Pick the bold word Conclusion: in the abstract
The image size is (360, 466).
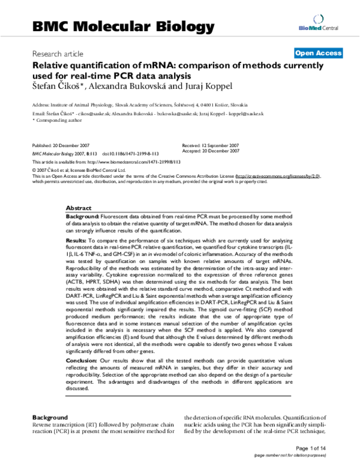tap(81, 359)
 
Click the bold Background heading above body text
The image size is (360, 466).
tap(49, 417)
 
